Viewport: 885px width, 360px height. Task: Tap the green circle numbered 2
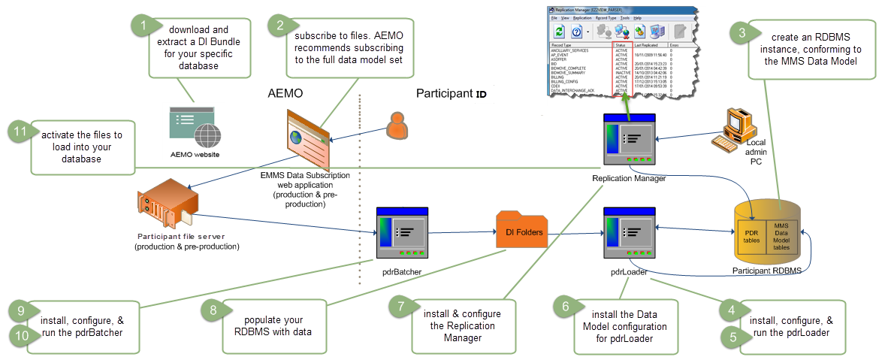click(280, 26)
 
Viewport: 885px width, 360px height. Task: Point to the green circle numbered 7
click(401, 307)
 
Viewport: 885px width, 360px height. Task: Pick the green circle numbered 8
click(213, 310)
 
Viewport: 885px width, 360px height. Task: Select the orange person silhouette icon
click(397, 126)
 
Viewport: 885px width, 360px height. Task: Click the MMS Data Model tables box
click(781, 236)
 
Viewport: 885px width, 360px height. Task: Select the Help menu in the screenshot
click(637, 17)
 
